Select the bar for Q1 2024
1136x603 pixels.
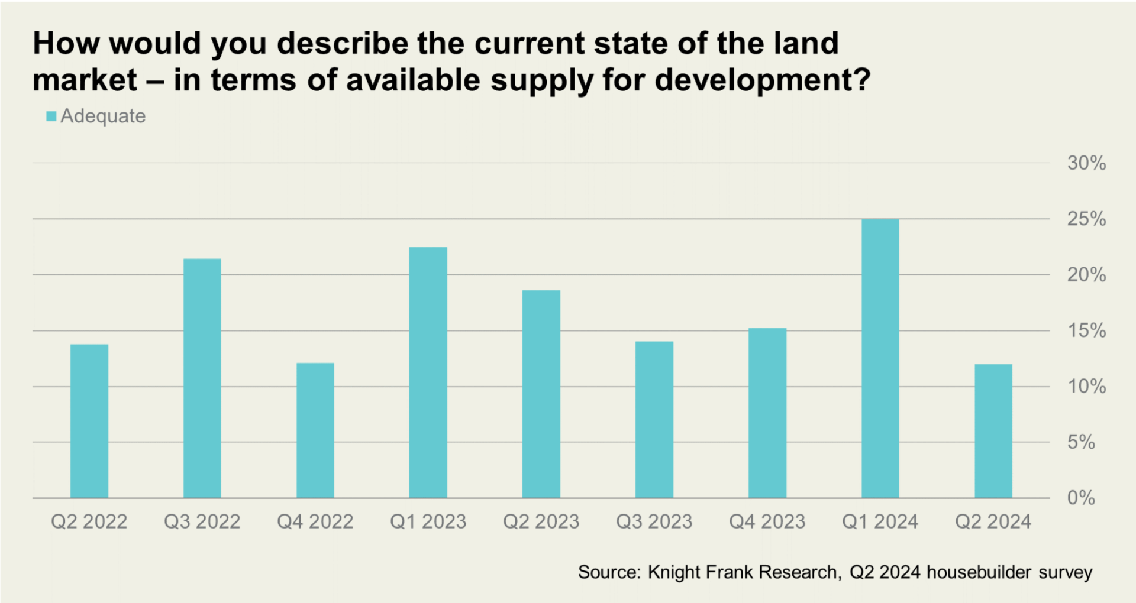880,358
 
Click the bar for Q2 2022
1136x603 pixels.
89,421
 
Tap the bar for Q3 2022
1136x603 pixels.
202,378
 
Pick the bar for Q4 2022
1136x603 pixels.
315,430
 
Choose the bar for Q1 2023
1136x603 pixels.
428,372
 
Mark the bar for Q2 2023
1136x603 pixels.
541,394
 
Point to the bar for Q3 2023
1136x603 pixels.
654,420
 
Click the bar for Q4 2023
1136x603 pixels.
767,413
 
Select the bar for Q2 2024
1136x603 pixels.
993,431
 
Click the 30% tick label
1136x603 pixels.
1086,163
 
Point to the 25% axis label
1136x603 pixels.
1086,219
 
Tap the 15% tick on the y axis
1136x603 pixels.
1086,330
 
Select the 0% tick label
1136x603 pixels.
1081,498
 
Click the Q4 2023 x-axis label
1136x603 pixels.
767,521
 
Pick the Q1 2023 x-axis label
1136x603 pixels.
428,521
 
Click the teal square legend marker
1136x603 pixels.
51,116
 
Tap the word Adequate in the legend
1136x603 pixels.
103,116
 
